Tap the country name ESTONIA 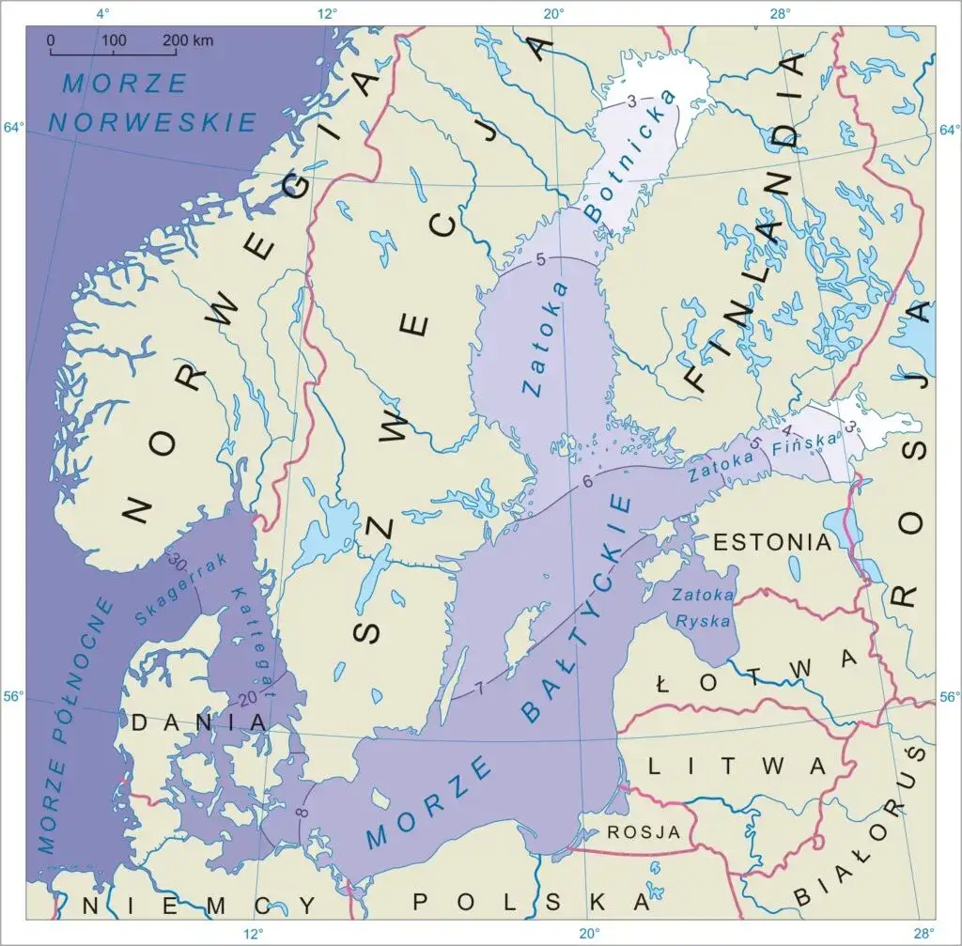click(x=772, y=543)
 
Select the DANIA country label click(x=198, y=721)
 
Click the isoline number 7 click(x=479, y=689)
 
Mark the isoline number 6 click(x=587, y=482)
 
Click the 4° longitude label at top click(x=102, y=13)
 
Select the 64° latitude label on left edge click(x=12, y=129)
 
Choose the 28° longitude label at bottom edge click(x=924, y=933)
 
